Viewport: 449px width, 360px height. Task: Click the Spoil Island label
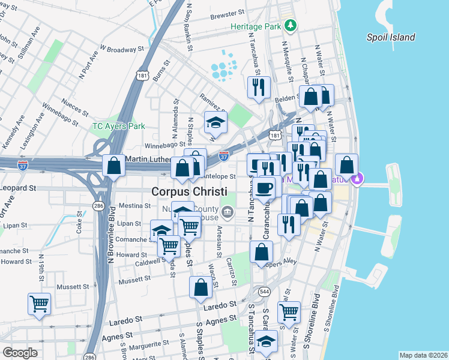pos(391,37)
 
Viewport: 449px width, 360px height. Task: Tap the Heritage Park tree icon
pos(291,25)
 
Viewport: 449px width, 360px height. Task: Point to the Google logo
pos(20,353)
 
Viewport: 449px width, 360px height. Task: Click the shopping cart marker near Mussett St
pos(40,304)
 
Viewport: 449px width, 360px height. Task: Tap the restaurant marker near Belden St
pos(259,86)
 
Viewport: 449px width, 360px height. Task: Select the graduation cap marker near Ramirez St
pos(215,122)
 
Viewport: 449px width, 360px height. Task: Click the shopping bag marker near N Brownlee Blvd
pos(113,166)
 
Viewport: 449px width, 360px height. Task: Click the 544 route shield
pos(264,291)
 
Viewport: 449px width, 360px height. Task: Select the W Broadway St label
pos(123,48)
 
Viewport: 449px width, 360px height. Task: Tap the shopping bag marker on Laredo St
pos(200,287)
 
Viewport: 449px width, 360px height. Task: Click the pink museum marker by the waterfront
pos(359,178)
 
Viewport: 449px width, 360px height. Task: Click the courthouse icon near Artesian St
pos(228,211)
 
